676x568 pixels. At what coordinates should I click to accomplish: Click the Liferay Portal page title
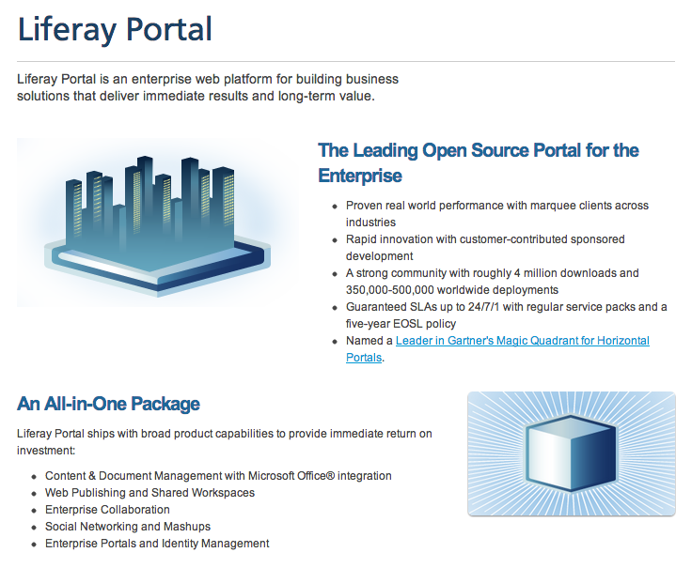[115, 29]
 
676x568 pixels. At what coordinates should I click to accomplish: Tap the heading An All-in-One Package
[108, 405]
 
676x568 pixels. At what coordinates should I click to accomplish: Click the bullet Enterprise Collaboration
[107, 510]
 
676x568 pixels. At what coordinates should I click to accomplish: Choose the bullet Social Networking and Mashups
[128, 527]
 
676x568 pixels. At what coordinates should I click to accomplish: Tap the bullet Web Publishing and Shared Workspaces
[149, 493]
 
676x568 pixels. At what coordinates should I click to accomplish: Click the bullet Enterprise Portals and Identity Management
[157, 544]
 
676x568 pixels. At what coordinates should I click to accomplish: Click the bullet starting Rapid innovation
[485, 239]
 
